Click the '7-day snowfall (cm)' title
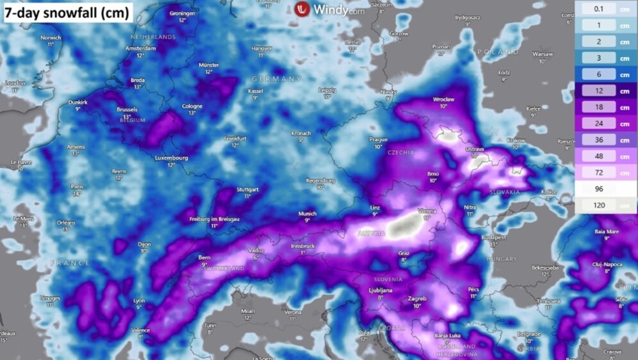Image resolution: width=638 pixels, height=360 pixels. (x=67, y=12)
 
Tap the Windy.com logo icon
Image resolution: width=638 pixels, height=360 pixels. (x=303, y=9)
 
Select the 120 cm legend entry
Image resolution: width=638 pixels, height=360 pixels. (x=606, y=206)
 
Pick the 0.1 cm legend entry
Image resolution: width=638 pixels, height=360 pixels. (x=606, y=8)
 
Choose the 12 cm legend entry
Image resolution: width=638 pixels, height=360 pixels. (x=606, y=91)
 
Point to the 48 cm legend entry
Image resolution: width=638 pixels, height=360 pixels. (x=606, y=156)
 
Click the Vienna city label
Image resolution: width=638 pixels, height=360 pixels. (x=427, y=211)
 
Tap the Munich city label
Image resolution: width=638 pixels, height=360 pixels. (x=307, y=213)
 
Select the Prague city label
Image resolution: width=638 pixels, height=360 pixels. (x=379, y=139)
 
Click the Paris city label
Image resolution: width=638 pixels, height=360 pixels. (x=77, y=186)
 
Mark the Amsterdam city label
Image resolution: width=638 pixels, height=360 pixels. (x=141, y=48)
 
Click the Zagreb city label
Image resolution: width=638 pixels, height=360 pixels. (x=417, y=299)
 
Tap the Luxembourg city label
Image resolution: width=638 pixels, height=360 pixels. (x=171, y=158)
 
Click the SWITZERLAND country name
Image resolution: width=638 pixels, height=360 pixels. (x=224, y=268)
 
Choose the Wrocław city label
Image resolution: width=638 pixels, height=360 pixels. (x=443, y=99)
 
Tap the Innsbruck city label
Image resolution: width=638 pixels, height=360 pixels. (x=302, y=245)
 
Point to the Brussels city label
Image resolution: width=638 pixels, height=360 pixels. (x=127, y=110)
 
